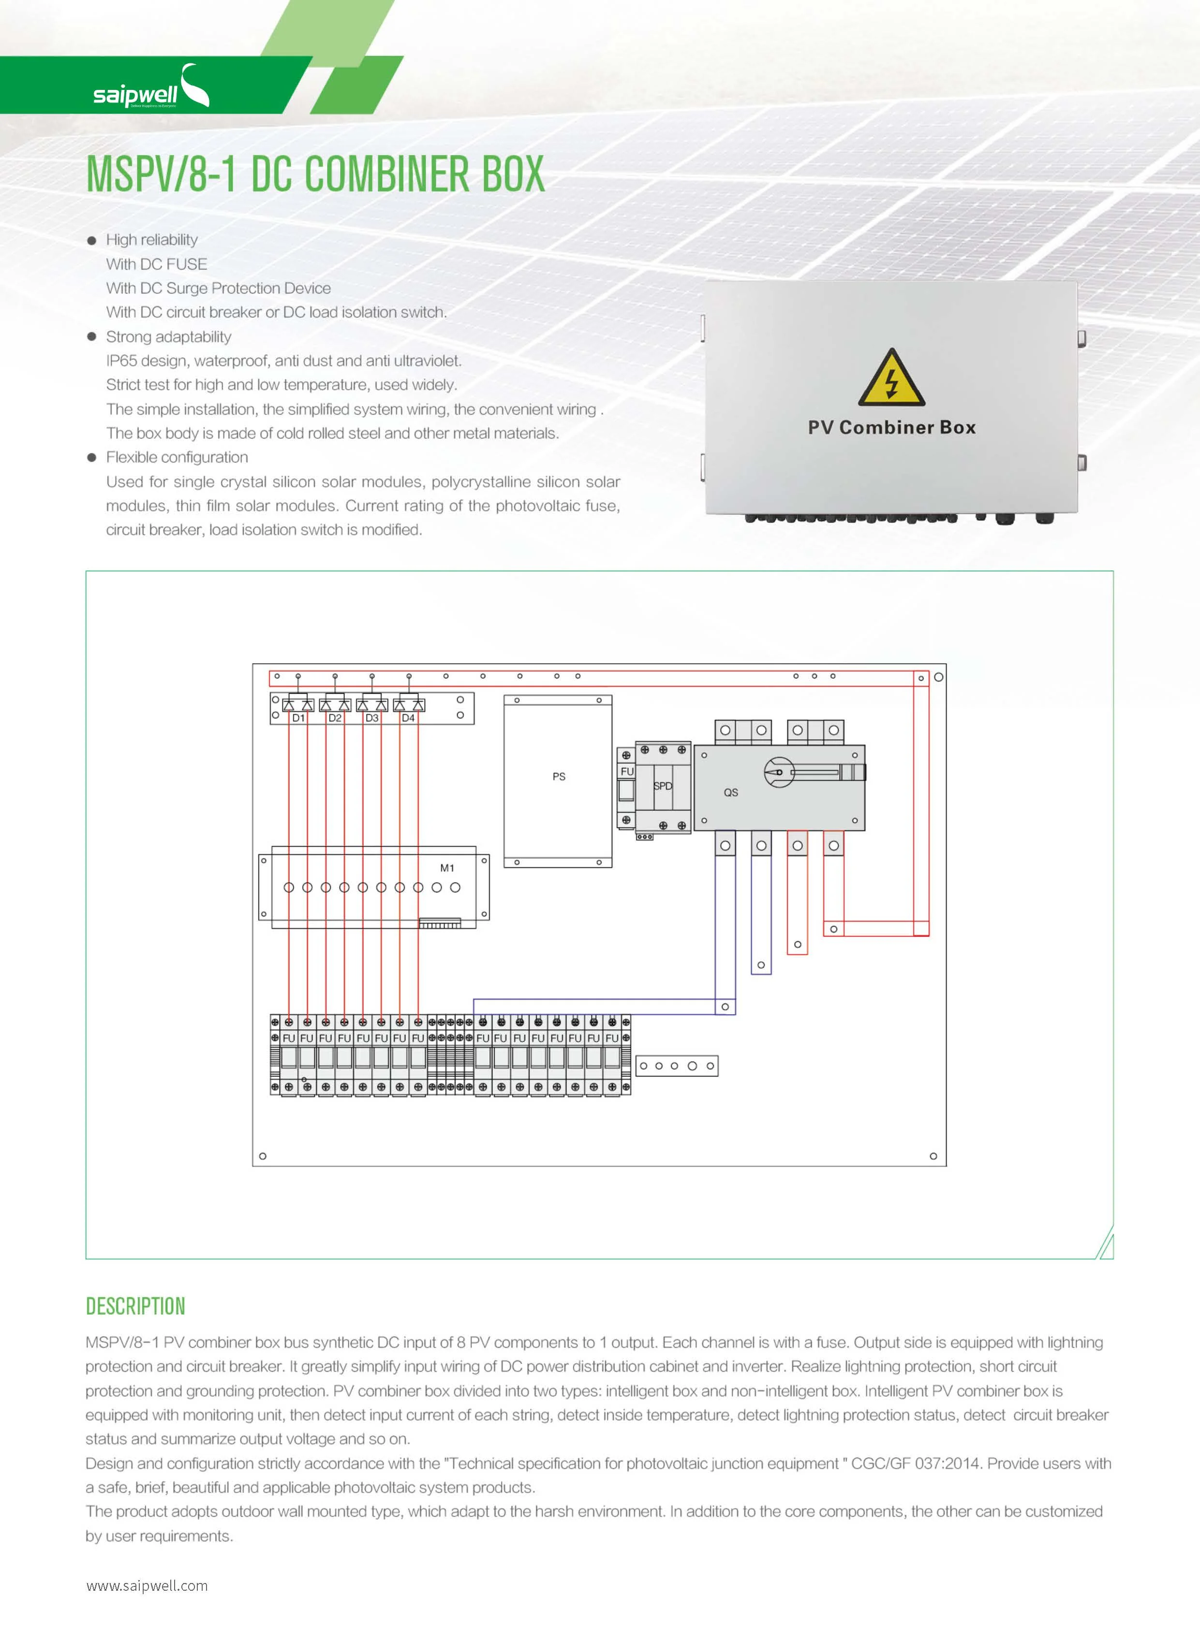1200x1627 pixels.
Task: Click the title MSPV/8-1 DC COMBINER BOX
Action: (315, 174)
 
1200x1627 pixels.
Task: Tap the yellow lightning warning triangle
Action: (891, 378)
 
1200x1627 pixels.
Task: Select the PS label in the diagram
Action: (559, 776)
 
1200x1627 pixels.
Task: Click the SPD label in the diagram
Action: (663, 786)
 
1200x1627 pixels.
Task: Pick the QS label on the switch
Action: (731, 792)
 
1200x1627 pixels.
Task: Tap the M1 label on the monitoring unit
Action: (447, 868)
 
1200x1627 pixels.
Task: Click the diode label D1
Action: (298, 718)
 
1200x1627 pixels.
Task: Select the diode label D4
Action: (408, 718)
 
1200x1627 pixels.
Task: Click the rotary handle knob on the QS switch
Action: (779, 772)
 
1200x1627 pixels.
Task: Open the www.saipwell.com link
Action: (147, 1585)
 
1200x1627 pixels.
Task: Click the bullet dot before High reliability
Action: (91, 240)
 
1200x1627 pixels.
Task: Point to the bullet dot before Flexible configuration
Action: (91, 457)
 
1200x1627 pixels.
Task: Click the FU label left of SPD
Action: (627, 771)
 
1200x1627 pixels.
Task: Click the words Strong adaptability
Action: (168, 337)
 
